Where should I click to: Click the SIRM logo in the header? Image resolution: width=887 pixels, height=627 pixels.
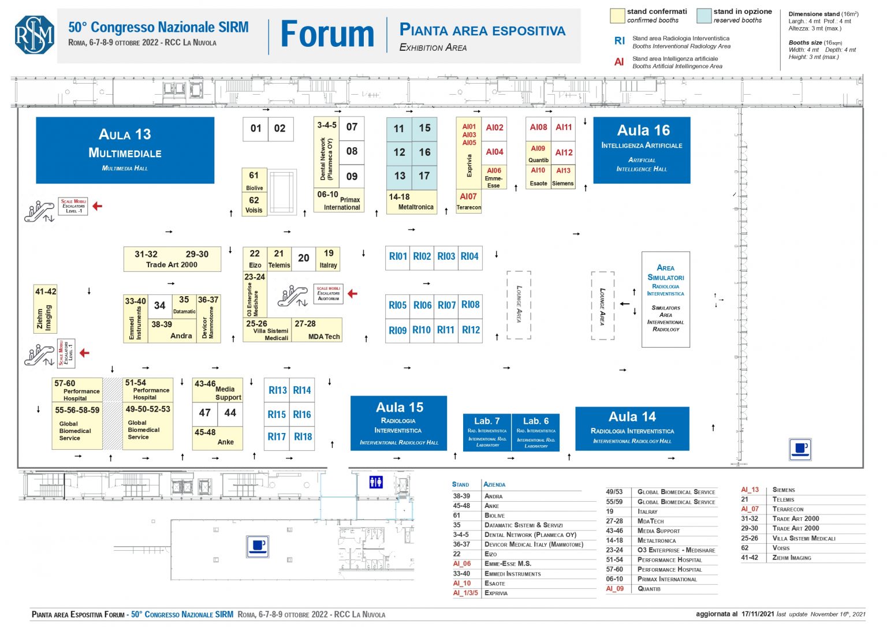(35, 35)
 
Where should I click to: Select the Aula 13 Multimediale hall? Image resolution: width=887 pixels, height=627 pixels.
(125, 150)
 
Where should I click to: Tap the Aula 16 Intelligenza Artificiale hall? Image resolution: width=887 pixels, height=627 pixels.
(642, 150)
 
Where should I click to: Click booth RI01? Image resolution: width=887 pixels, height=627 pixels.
(398, 256)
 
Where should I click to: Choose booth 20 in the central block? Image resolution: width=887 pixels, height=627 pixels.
(304, 258)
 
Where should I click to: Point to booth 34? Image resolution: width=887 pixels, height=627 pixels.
(160, 305)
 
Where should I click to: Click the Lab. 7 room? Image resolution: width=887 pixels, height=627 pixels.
(487, 432)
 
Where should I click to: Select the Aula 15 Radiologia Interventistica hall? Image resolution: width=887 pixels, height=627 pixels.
(398, 423)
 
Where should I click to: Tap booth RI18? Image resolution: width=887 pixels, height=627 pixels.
(303, 437)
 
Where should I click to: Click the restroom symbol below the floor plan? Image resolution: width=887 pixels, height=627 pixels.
(376, 482)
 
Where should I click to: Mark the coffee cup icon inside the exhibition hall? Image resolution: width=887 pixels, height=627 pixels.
(800, 449)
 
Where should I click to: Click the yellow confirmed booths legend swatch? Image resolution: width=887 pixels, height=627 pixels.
(617, 16)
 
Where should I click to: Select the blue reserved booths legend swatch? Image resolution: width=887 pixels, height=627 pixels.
(703, 16)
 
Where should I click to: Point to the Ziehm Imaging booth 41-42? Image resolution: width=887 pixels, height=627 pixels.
(45, 309)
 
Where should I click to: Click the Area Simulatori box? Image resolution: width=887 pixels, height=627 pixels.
(665, 299)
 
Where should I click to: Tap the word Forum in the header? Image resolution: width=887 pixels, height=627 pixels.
(327, 35)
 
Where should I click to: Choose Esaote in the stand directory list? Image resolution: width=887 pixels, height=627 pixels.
(495, 583)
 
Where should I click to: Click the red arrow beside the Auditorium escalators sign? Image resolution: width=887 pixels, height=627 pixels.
(352, 293)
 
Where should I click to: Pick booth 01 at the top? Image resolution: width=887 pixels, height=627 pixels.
(256, 128)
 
